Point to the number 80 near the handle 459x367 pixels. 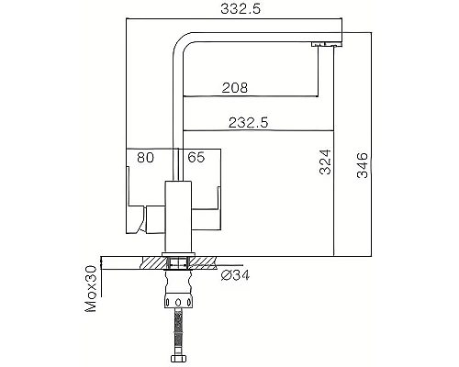(145, 158)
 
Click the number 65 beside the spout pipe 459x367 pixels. (196, 158)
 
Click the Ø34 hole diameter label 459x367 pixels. (231, 273)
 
